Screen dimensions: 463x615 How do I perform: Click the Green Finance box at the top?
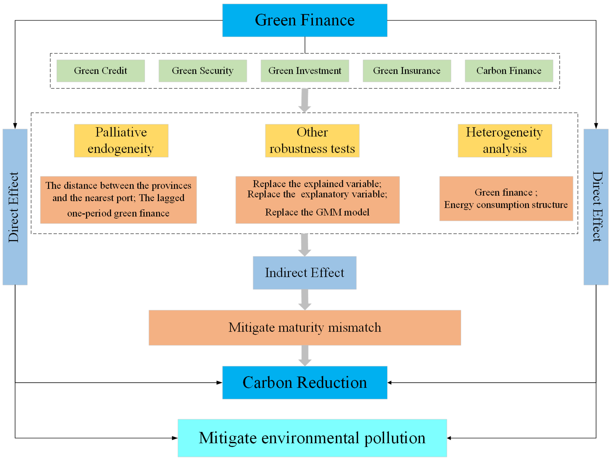click(305, 20)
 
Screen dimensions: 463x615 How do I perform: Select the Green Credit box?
click(101, 71)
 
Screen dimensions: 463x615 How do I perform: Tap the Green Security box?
click(203, 71)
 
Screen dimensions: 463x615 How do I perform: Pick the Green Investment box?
click(305, 71)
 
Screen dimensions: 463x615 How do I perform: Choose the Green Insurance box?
click(407, 71)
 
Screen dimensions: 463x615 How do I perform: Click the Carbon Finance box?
click(509, 71)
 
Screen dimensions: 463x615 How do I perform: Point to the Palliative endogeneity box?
click(121, 141)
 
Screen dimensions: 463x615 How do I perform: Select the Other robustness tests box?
click(312, 141)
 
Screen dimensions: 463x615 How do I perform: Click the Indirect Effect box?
click(305, 273)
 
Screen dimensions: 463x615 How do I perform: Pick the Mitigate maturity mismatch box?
click(305, 328)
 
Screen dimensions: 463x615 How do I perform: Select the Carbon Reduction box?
click(305, 383)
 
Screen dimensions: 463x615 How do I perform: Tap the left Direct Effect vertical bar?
click(15, 207)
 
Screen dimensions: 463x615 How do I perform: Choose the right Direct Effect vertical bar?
click(596, 207)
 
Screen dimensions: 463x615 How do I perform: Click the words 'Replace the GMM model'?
click(317, 212)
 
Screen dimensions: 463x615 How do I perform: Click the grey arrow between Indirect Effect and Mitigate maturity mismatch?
click(305, 300)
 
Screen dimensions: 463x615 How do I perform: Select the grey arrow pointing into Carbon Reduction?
click(305, 356)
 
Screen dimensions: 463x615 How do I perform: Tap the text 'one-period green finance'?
click(118, 213)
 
